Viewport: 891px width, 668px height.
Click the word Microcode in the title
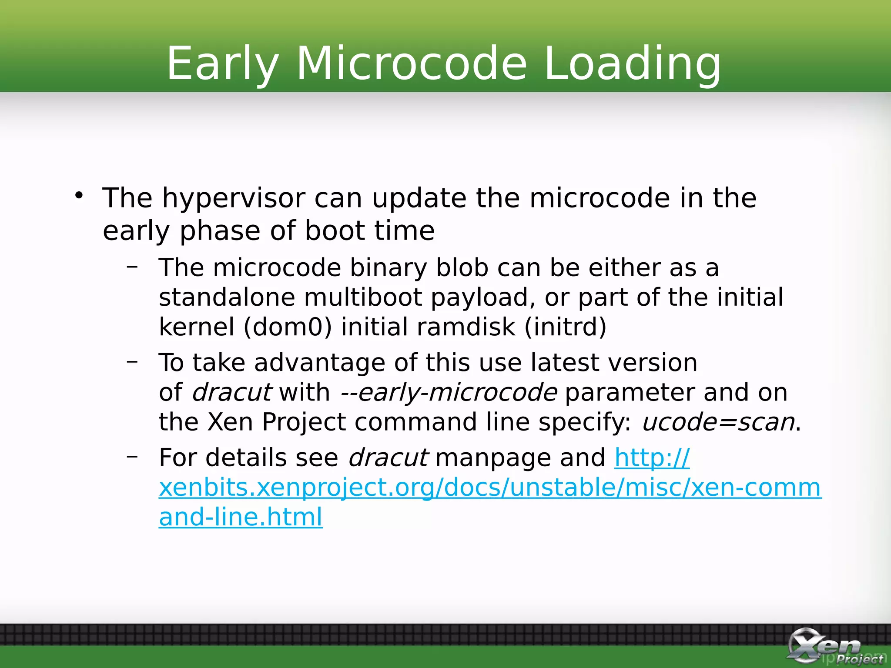point(411,64)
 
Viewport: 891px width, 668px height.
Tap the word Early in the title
point(222,64)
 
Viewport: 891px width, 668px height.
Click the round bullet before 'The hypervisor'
point(79,195)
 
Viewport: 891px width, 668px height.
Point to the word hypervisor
point(234,199)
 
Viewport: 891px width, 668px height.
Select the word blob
point(462,267)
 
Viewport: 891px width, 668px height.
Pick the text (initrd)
point(565,327)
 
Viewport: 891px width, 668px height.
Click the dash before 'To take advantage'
point(132,361)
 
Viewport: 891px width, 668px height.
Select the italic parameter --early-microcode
point(449,392)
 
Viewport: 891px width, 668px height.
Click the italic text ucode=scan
point(718,422)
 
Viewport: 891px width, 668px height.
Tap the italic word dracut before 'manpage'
point(388,458)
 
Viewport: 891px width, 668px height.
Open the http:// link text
point(652,458)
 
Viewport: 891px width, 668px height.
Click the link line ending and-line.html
point(241,517)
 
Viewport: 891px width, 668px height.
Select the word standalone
point(227,297)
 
